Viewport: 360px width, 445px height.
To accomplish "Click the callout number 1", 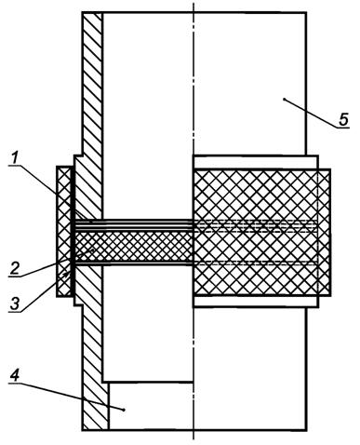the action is (13, 157).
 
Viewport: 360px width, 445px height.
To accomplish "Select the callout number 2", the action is (15, 268).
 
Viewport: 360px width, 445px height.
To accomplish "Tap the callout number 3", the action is (14, 303).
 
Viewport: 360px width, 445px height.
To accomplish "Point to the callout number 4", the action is (15, 376).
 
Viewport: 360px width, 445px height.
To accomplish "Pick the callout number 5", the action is (343, 119).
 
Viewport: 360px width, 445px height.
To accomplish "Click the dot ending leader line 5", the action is (284, 100).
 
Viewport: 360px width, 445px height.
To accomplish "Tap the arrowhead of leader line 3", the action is (67, 273).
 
